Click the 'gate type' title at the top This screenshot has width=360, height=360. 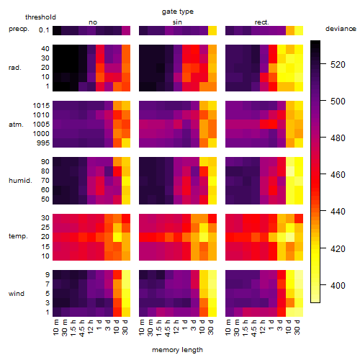coord(178,12)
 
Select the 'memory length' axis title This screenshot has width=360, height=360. coord(177,350)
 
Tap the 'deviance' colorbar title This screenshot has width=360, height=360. coord(341,29)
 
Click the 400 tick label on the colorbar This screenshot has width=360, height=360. coord(338,285)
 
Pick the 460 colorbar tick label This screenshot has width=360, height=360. coord(338,174)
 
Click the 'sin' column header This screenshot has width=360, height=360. coord(177,22)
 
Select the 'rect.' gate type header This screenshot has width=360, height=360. coord(261,22)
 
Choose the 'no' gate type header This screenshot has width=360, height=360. coord(93,22)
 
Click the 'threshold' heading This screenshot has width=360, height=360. coord(40,17)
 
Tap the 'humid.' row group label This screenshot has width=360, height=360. coord(20,181)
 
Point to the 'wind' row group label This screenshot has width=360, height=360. coord(17,294)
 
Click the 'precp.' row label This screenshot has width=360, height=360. coord(19,29)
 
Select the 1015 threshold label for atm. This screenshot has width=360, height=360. coord(41,105)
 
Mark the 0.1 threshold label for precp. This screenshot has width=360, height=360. coord(44,30)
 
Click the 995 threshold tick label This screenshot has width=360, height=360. coord(43,143)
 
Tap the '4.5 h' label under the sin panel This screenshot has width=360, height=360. coord(168,328)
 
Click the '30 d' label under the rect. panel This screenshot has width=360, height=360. coord(297,327)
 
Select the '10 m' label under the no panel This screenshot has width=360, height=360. coord(55,327)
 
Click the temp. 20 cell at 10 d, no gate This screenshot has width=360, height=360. coord(117,237)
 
